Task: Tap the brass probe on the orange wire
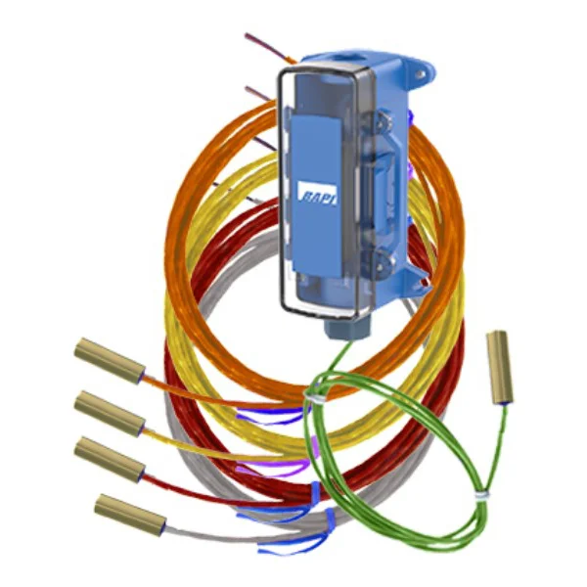110,360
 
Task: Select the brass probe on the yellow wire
110,414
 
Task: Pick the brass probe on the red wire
110,459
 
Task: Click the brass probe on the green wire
499,368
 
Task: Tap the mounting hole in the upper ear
422,74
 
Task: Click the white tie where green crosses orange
313,395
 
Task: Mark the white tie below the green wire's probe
482,495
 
